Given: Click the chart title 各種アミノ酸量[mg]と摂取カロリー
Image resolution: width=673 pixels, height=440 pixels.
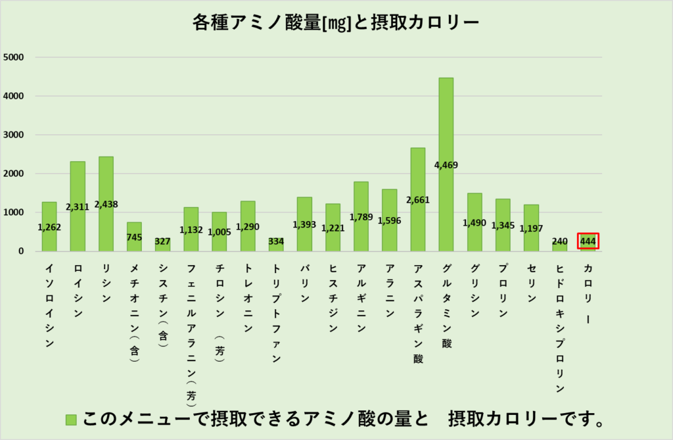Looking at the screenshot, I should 336,22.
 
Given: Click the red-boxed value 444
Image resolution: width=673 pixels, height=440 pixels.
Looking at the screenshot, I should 588,241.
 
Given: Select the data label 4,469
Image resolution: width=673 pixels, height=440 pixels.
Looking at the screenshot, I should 446,165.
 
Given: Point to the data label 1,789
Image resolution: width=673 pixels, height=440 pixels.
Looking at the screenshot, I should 361,216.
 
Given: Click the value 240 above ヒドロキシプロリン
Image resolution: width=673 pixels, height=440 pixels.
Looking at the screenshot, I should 559,240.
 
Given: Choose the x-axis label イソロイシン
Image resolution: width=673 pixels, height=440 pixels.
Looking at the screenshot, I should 49,306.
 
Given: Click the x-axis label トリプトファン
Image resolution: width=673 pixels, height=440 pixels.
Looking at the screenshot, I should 276,313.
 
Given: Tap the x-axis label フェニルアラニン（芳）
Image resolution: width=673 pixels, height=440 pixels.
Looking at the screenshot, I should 191,332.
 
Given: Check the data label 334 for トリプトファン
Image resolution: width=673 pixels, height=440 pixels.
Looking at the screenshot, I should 276,241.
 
